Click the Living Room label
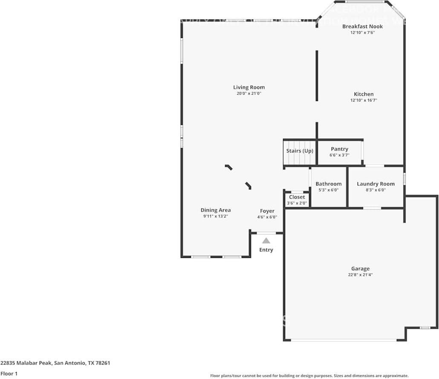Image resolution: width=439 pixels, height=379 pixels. [249, 87]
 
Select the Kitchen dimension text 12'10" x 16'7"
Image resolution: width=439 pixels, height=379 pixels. [364, 101]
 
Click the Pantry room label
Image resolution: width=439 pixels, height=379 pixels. [339, 149]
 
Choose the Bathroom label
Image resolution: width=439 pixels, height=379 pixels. [328, 184]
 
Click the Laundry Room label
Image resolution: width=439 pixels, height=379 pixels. [375, 184]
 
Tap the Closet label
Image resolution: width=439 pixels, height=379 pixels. [297, 197]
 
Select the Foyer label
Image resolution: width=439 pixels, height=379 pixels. [267, 211]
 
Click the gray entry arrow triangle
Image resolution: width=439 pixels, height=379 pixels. [266, 241]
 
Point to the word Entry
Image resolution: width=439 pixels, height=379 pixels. [266, 250]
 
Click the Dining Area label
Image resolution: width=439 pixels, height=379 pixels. [216, 210]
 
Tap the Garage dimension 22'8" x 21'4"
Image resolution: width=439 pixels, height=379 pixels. [360, 275]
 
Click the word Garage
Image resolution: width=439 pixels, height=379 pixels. [360, 269]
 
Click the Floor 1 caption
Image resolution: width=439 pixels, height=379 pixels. [9, 373]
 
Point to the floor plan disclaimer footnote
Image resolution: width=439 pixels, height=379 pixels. [309, 376]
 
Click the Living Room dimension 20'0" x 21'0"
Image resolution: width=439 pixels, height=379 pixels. [249, 93]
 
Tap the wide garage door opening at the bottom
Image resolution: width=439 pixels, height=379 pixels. [344, 340]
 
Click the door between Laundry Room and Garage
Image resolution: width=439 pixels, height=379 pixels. [372, 208]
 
